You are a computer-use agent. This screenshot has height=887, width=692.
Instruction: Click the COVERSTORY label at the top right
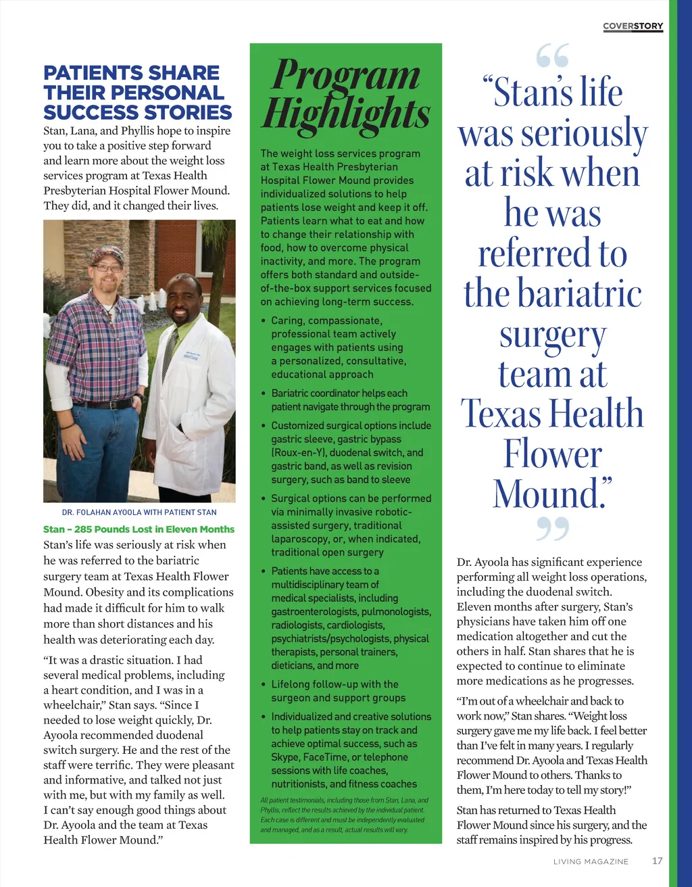click(633, 26)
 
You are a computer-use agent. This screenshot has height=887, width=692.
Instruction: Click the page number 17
click(657, 861)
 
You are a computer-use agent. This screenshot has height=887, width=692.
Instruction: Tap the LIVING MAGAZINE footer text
click(591, 861)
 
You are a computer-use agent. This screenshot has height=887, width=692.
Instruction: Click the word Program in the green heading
click(346, 74)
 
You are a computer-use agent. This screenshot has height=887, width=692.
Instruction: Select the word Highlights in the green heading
click(346, 114)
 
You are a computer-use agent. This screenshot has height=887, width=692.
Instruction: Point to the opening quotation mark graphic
click(553, 57)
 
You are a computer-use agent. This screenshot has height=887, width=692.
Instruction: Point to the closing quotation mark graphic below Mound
click(553, 529)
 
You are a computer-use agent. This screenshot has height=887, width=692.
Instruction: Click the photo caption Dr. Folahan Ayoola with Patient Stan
click(139, 512)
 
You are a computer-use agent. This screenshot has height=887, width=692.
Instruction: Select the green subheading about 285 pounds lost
click(139, 529)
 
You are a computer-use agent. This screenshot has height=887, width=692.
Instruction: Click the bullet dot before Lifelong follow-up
click(264, 684)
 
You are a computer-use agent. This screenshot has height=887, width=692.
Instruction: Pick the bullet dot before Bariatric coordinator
click(264, 393)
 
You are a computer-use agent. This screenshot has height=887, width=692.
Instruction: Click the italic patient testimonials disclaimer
click(344, 815)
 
